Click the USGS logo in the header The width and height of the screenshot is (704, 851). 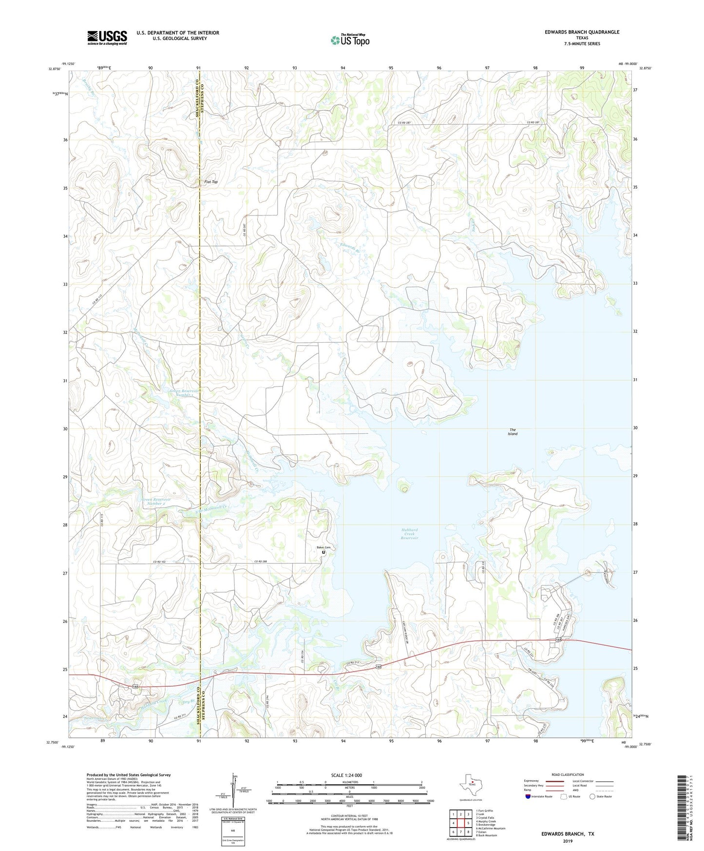click(x=107, y=38)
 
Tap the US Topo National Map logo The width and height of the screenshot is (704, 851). click(x=350, y=40)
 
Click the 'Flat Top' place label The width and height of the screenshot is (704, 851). click(x=211, y=182)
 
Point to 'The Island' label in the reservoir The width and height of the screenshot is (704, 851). click(x=513, y=432)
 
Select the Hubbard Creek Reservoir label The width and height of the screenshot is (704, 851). click(x=409, y=534)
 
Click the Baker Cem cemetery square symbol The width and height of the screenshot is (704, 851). click(x=323, y=552)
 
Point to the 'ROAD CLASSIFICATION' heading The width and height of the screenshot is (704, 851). click(x=568, y=774)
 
